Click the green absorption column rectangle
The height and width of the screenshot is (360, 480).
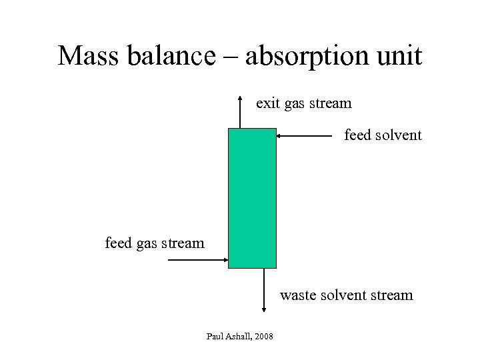click(x=252, y=198)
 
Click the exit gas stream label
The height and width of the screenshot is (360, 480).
click(x=304, y=103)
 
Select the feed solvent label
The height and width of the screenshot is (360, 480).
click(x=383, y=135)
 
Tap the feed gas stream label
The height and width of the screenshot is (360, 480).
click(x=155, y=243)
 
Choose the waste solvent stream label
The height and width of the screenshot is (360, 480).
click(x=346, y=295)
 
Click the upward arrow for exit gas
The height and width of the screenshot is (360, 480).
click(x=240, y=112)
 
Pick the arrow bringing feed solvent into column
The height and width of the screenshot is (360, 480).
click(x=304, y=136)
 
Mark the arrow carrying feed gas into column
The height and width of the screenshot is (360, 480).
click(x=198, y=260)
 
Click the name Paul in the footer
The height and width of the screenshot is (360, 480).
click(x=215, y=335)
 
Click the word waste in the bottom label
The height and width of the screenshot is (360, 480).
click(x=297, y=295)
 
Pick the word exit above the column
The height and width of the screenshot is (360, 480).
click(x=268, y=103)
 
